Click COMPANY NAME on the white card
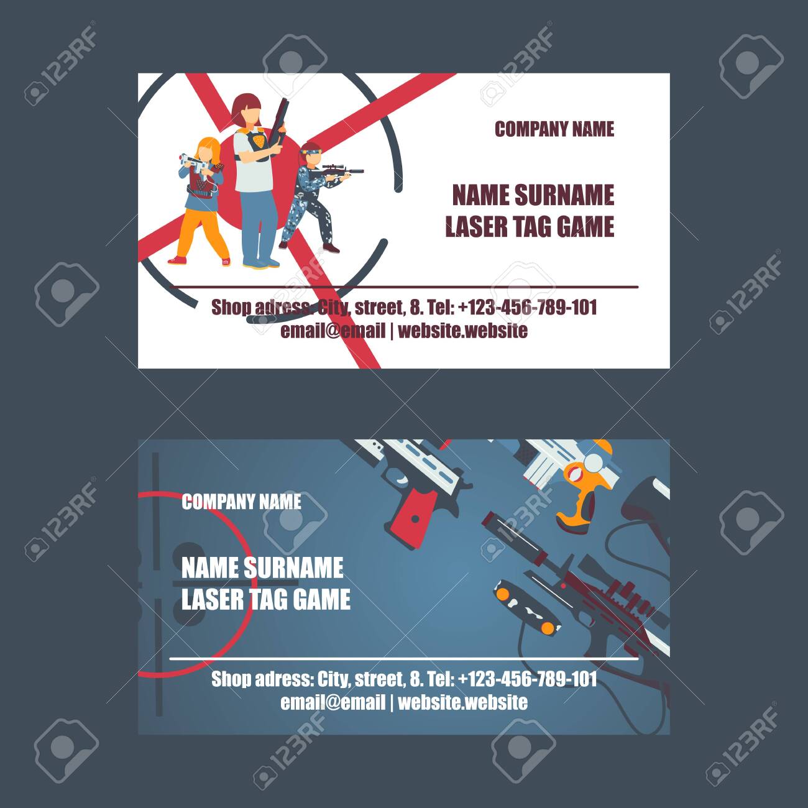[x=554, y=129]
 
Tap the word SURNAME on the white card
[x=564, y=195]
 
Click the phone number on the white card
[x=528, y=307]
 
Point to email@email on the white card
[x=333, y=331]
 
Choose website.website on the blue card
[x=462, y=702]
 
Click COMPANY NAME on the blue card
[x=241, y=502]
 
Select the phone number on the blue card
[x=528, y=679]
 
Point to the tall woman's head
[x=246, y=109]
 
